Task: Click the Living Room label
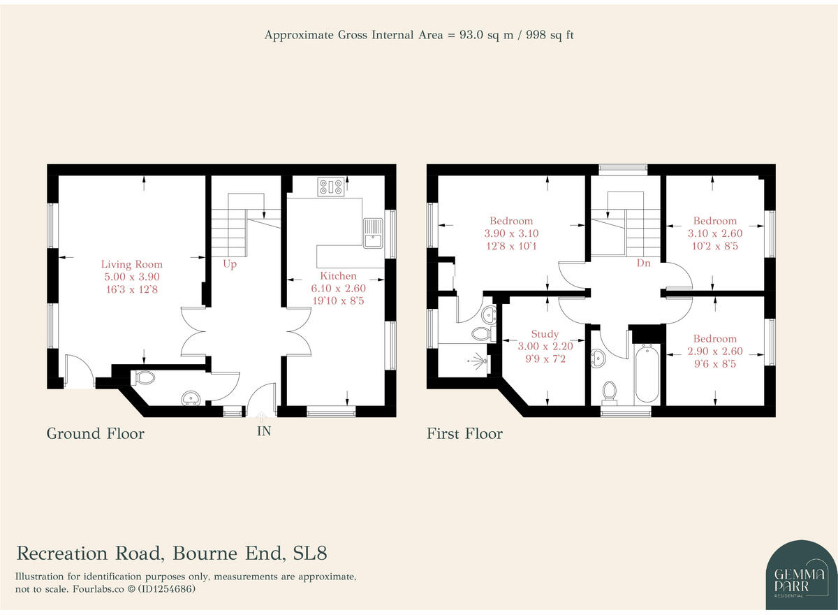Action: tap(131, 264)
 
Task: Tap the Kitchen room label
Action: tap(338, 276)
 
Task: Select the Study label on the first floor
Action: tap(544, 334)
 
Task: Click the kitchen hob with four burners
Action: tap(330, 186)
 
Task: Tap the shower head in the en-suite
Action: tap(477, 361)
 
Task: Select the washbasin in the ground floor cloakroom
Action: tap(190, 399)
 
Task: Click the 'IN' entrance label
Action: tap(263, 431)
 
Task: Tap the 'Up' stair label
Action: tap(230, 264)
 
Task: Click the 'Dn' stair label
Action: tap(643, 264)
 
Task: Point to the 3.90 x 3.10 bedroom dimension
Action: tap(511, 233)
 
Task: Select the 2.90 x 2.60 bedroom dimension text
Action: tap(714, 352)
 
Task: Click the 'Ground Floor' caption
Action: tap(95, 433)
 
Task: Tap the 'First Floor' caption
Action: tap(464, 433)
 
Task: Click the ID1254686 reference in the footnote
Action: tap(167, 589)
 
